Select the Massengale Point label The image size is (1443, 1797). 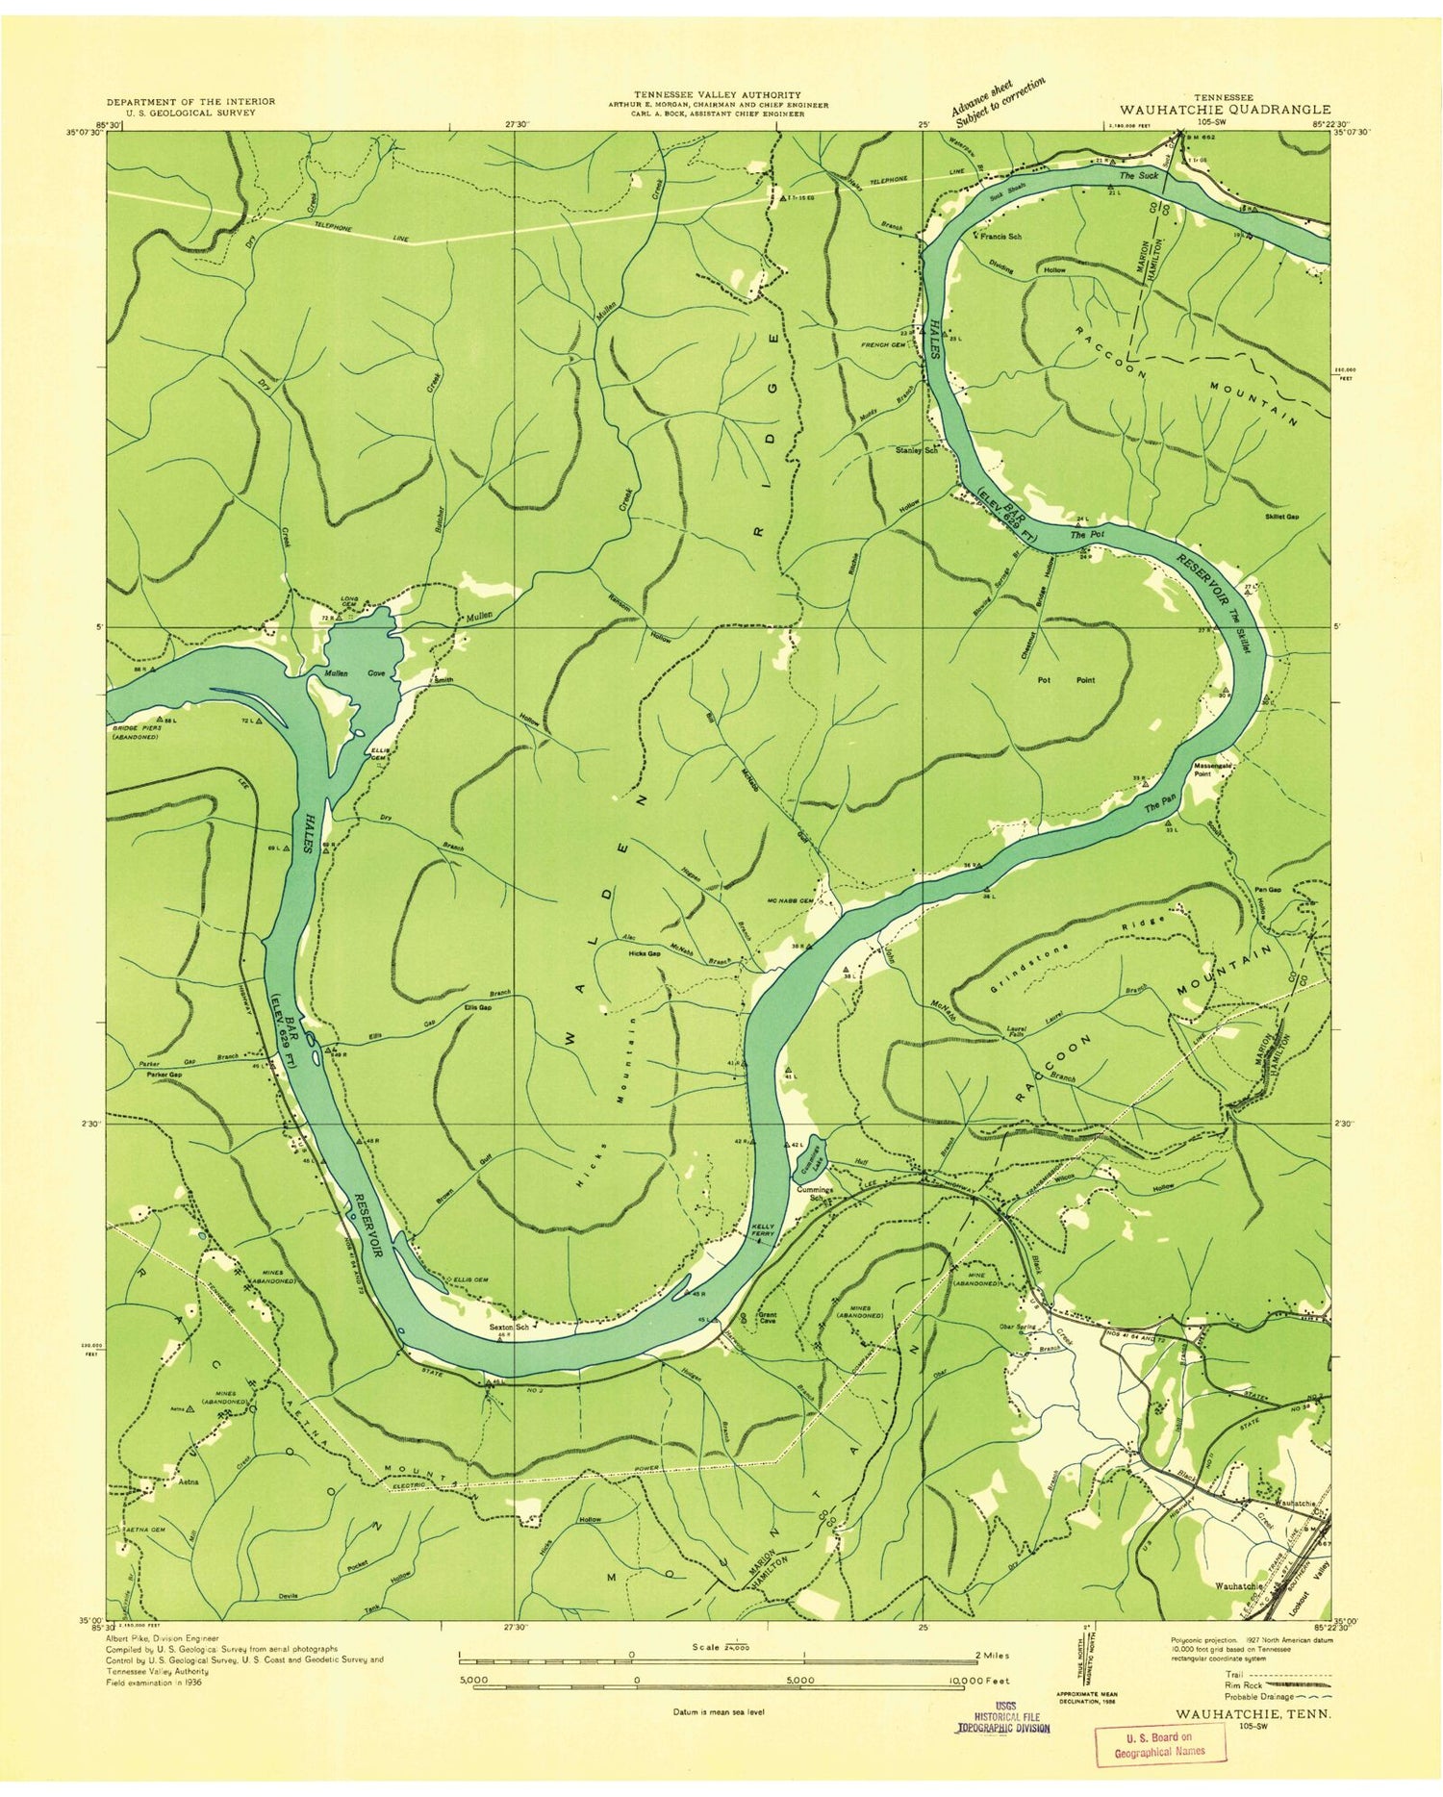(x=1213, y=769)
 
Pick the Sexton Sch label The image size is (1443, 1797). (x=510, y=1327)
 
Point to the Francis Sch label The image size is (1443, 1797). (x=1000, y=236)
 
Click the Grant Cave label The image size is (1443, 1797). (x=768, y=1317)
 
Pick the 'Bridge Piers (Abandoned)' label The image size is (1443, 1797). (x=138, y=733)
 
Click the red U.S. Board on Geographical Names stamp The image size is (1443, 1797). (x=1160, y=1744)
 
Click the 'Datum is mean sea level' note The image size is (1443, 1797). (x=720, y=1712)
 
